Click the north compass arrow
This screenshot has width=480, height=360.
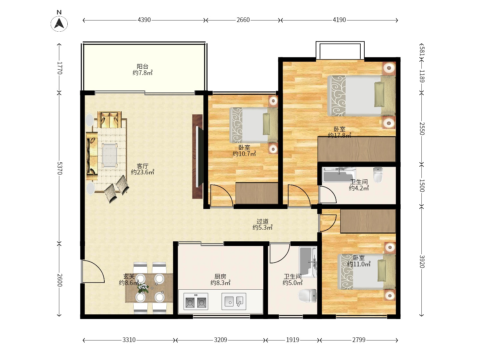tap(59, 24)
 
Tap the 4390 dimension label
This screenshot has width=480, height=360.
tap(144, 20)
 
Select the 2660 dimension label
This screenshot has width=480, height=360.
tap(243, 20)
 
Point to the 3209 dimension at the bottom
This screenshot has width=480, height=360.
tap(220, 340)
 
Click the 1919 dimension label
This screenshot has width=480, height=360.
tap(293, 340)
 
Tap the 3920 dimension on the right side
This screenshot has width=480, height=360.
tap(422, 262)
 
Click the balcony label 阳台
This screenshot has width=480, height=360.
tap(143, 66)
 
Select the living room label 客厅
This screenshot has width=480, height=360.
tap(143, 166)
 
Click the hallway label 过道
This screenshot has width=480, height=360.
tap(262, 221)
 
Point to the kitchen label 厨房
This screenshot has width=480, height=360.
tap(220, 277)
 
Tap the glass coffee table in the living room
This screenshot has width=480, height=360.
tap(109, 155)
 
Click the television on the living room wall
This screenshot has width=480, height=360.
tap(198, 157)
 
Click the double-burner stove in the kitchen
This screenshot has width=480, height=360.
tap(196, 301)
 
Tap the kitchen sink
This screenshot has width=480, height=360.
tap(234, 301)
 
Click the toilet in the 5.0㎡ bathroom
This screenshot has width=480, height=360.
tap(307, 296)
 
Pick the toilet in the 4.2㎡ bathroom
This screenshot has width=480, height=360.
tap(378, 175)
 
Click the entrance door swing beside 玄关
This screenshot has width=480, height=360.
tap(93, 271)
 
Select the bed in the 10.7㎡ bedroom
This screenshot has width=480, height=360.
tap(254, 125)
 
